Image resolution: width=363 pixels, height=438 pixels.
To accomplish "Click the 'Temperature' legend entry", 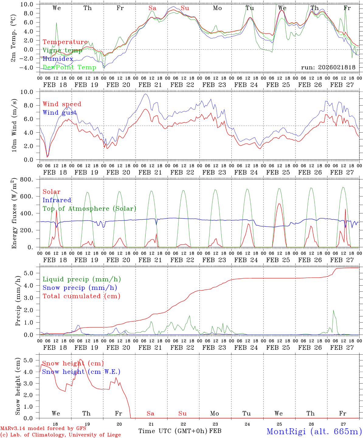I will tap(65, 42).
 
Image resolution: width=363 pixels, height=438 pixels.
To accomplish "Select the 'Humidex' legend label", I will tap(58, 59).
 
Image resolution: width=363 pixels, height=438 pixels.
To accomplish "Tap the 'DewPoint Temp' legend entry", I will tap(69, 68).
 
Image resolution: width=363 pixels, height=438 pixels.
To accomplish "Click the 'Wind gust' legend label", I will tap(60, 113).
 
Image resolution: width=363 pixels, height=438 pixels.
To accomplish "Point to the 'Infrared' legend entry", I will tap(57, 200).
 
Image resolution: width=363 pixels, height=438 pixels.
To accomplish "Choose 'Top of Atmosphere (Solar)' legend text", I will tap(89, 209).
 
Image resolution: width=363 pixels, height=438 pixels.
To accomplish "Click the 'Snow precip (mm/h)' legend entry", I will tap(80, 288).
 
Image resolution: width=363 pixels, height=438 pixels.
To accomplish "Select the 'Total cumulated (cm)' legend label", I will tap(81, 296).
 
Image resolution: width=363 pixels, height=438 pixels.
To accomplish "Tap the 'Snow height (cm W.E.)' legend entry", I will tap(81, 372).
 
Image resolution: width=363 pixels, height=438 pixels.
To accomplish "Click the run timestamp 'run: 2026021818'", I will tap(328, 68).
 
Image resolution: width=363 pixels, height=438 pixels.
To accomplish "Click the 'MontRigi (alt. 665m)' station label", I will tap(314, 431).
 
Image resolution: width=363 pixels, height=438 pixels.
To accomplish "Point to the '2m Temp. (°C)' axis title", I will tap(13, 38).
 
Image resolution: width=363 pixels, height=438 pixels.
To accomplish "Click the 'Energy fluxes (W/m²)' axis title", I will tap(13, 214).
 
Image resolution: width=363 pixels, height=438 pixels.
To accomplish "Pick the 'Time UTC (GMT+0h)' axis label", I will tap(173, 431).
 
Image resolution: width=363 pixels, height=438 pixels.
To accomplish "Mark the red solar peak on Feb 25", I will tap(279, 204).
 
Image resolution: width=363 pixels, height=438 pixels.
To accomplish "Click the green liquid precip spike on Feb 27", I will tap(333, 311).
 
